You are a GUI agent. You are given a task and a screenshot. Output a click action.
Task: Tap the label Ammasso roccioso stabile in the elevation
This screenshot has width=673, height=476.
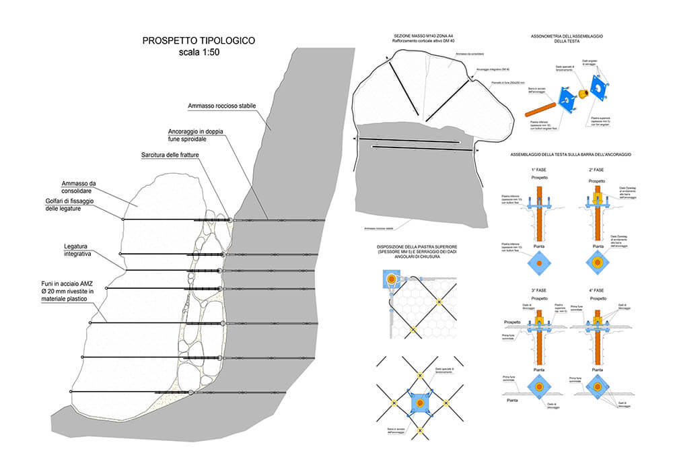[220, 107]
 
